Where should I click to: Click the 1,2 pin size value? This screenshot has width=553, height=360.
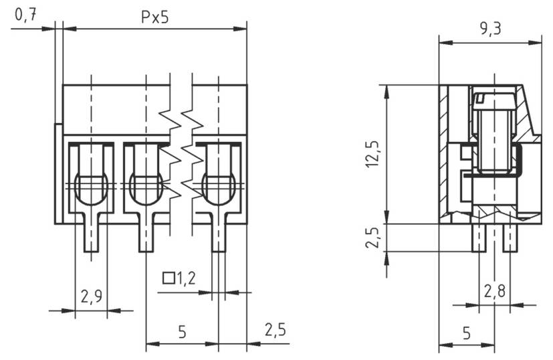[x=185, y=278]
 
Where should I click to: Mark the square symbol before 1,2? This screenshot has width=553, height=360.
[x=169, y=277]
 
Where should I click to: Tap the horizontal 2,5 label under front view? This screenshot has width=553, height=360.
[x=275, y=330]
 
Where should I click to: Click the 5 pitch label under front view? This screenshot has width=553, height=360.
[x=182, y=331]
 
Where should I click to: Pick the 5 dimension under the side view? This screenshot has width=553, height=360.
[x=466, y=333]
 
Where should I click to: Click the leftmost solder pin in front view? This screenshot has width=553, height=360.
[x=91, y=237]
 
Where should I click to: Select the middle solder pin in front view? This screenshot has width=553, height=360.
[x=146, y=237]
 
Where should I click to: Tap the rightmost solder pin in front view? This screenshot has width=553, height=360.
[x=219, y=237]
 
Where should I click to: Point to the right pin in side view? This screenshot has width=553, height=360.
[x=510, y=237]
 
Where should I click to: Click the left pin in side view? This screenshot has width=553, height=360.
[x=478, y=237]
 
